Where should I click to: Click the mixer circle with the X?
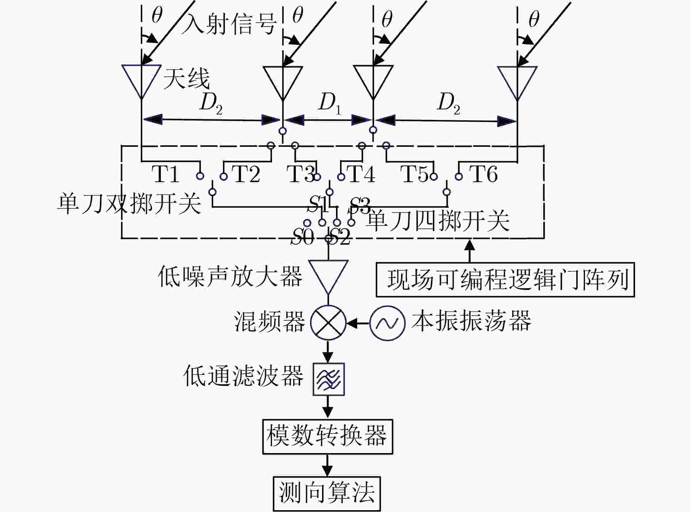[328, 323]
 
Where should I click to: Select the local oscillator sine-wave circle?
[387, 323]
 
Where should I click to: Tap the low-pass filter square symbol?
[328, 379]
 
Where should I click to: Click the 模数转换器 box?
[328, 437]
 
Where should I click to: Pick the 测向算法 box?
[327, 494]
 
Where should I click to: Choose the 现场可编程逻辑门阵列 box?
[505, 279]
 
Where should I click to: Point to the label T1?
[165, 174]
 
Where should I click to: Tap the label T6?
[483, 174]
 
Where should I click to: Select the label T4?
[362, 174]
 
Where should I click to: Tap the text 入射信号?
[229, 24]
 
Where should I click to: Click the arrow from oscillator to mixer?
[358, 323]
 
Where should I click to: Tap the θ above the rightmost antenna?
[534, 19]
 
